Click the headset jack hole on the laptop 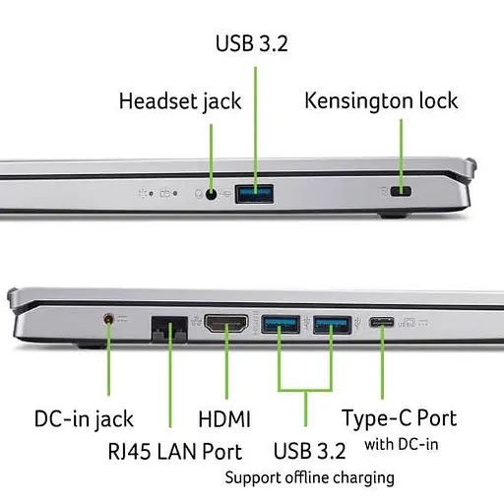coord(211,194)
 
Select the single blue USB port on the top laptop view coord(254,194)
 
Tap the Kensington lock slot coord(401,191)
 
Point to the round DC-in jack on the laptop coord(108,319)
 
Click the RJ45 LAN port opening coord(169,329)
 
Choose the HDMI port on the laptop coord(226,324)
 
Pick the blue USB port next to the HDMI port coord(281,324)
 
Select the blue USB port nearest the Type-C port coord(332,325)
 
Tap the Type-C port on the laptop coord(382,322)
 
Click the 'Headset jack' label coord(180,101)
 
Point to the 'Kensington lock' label coord(381,100)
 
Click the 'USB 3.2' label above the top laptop coord(252,43)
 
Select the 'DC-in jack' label coord(84,419)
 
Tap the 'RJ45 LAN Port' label coord(175,452)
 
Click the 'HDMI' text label coord(224,419)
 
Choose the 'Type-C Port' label coord(400,418)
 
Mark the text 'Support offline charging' coord(309,478)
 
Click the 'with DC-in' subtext coord(402,445)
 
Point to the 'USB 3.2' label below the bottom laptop coord(309,451)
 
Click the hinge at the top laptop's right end coord(472,168)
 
